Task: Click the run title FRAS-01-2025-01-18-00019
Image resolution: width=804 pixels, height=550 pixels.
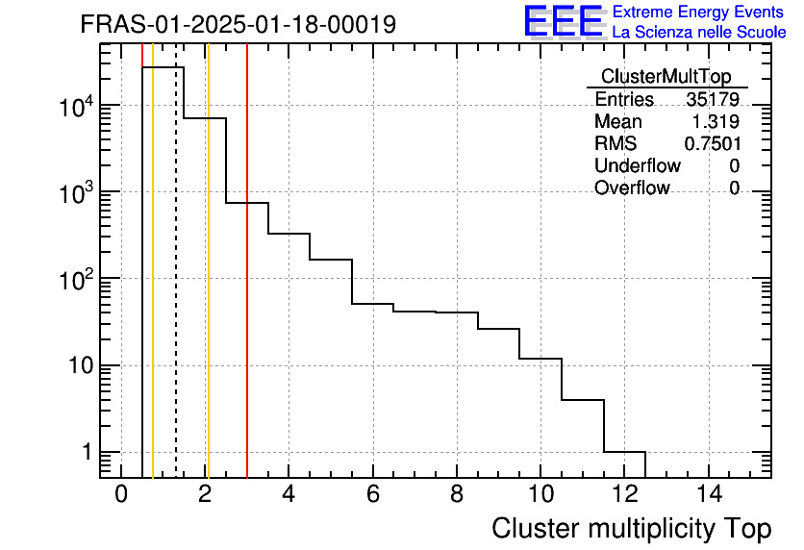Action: click(238, 24)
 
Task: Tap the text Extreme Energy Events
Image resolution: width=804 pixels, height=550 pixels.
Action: click(699, 12)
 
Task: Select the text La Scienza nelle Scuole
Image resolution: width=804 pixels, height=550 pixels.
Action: click(699, 32)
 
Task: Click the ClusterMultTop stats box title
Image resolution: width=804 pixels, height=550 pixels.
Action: click(666, 77)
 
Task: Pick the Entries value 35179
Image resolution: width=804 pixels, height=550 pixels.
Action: click(713, 100)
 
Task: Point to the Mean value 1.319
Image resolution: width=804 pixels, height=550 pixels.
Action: click(716, 122)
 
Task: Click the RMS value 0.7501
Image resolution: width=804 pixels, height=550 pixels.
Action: click(712, 143)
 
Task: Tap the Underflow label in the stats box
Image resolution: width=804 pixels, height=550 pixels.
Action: click(637, 165)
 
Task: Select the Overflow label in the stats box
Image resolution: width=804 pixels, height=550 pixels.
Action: click(632, 187)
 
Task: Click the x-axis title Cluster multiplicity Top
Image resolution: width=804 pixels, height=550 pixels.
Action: click(631, 528)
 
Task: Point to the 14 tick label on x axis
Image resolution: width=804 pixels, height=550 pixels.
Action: click(708, 494)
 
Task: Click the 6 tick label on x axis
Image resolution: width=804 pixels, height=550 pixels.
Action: click(372, 494)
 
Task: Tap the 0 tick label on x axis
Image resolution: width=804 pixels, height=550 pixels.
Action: click(121, 494)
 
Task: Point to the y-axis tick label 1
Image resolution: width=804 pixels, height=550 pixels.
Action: click(85, 453)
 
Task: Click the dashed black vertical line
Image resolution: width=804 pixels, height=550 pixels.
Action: click(176, 288)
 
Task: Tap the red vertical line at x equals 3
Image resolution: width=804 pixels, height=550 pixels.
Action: click(247, 337)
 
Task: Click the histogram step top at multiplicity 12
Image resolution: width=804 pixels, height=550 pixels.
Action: click(624, 452)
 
